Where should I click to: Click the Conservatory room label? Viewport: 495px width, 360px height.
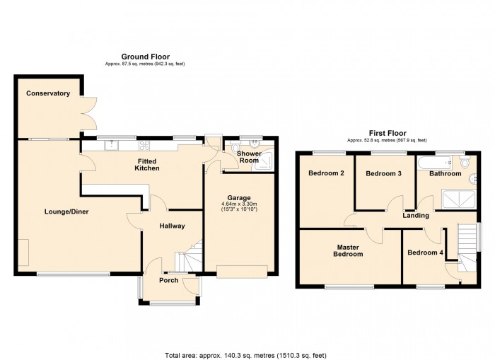pos(48,93)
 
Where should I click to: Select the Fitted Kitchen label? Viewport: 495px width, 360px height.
pos(148,165)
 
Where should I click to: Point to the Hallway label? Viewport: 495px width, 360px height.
pos(171,226)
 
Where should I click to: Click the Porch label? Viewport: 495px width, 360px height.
pos(168,281)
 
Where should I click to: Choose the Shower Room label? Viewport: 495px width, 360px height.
pos(248,157)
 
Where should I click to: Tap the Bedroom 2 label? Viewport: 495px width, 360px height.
pos(326,173)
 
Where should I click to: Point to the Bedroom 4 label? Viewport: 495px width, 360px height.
pos(426,252)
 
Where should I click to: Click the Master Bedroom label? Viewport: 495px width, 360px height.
pos(348,251)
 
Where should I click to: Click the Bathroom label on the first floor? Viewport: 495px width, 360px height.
pos(445,173)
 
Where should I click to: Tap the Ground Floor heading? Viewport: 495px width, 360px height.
pos(145,57)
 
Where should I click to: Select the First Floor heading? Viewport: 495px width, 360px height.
pos(387,133)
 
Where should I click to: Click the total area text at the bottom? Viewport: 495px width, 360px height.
pos(245,355)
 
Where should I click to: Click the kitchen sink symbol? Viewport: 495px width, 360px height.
pos(112,146)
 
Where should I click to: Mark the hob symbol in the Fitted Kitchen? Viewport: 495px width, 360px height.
pos(147,146)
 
